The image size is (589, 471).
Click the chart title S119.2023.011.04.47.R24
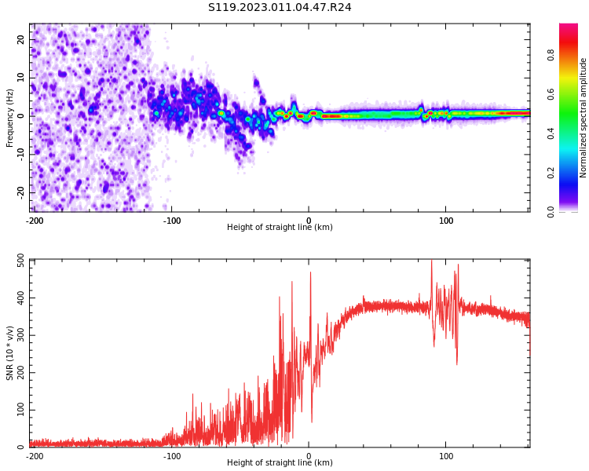click(x=280, y=7)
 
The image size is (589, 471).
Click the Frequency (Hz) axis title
click(x=10, y=117)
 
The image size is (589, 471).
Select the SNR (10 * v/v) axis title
click(x=10, y=353)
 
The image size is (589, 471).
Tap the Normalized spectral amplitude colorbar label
click(x=584, y=118)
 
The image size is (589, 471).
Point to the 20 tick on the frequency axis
click(x=21, y=39)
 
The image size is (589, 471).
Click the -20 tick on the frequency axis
click(x=20, y=192)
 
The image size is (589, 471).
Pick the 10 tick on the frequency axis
click(x=21, y=77)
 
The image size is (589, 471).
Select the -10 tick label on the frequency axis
click(x=20, y=154)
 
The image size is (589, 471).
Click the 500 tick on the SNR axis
click(x=16, y=261)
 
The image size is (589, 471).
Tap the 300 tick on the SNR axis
click(x=16, y=335)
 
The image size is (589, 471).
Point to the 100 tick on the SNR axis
click(x=16, y=410)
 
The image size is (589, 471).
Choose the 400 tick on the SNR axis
click(x=16, y=298)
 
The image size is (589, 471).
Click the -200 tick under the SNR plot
click(x=35, y=456)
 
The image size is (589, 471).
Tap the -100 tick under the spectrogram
click(x=172, y=221)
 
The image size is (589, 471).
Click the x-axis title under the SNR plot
click(x=280, y=463)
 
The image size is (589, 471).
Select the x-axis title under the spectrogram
click(x=280, y=228)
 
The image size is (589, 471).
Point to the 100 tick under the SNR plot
click(x=446, y=456)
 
